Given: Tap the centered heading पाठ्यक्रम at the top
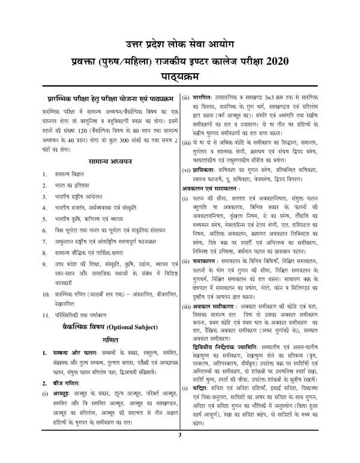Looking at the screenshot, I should [180, 79].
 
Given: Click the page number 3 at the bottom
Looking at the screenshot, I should [178, 451].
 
